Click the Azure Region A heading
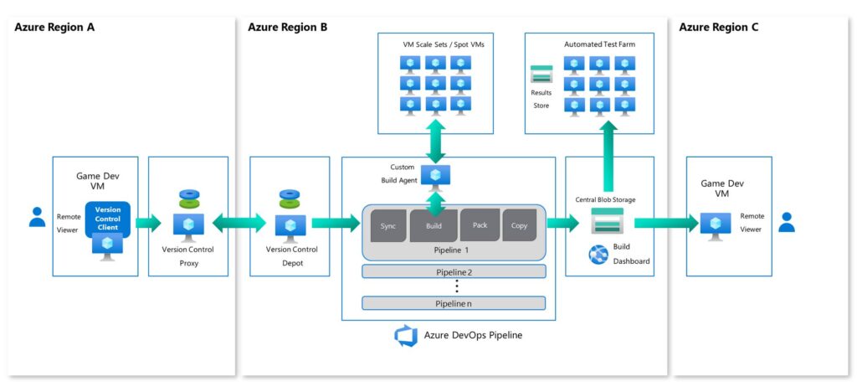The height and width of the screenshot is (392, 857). [x=54, y=27]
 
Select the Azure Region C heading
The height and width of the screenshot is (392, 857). [x=718, y=27]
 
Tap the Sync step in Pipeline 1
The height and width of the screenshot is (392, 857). [x=388, y=225]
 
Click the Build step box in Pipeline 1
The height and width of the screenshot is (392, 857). [x=434, y=225]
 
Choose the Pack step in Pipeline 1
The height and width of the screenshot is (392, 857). [x=480, y=224]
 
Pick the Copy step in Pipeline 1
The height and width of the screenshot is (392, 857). [x=519, y=225]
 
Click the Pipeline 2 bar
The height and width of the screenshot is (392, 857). [x=454, y=271]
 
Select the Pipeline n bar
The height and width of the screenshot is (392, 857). [x=454, y=303]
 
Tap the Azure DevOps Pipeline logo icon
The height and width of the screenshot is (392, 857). [x=406, y=336]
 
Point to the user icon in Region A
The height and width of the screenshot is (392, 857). [x=37, y=217]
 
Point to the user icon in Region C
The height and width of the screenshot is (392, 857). [x=786, y=222]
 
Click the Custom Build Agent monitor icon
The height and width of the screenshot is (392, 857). [x=435, y=175]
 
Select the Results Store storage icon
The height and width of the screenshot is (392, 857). [x=541, y=74]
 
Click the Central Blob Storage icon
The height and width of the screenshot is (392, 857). [x=608, y=221]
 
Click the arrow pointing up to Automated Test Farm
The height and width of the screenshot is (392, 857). [x=608, y=156]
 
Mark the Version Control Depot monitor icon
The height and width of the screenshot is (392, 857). [x=290, y=225]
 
